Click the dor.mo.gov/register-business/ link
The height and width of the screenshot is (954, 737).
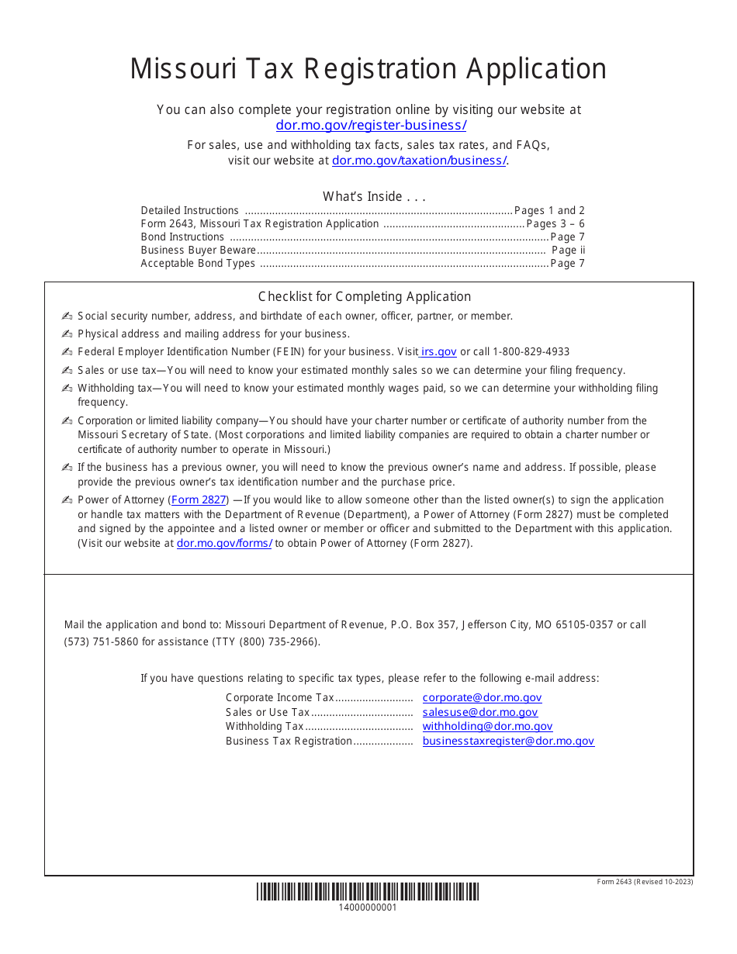point(371,125)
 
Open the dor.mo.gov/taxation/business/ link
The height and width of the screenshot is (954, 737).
point(419,161)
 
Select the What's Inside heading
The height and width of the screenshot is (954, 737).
point(374,196)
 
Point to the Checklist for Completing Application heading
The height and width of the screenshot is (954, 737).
point(364,296)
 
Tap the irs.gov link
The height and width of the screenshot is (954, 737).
point(439,351)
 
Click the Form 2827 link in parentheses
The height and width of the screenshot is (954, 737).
point(198,500)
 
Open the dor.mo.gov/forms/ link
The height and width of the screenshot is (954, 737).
point(224,543)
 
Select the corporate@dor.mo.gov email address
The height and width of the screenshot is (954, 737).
point(482,698)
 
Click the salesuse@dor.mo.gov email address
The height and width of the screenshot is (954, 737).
point(479,712)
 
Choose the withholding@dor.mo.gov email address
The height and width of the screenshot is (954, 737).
point(487,727)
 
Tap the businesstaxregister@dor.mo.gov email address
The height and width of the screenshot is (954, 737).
point(508,741)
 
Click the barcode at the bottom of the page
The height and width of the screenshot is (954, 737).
point(368,891)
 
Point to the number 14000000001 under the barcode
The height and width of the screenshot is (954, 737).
point(368,907)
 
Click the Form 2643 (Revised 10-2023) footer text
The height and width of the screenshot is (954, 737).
point(645,882)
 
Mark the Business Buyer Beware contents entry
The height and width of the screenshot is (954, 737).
point(198,251)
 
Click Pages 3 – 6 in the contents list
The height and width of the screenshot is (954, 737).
point(555,223)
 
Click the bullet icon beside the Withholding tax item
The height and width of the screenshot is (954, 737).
point(67,389)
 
